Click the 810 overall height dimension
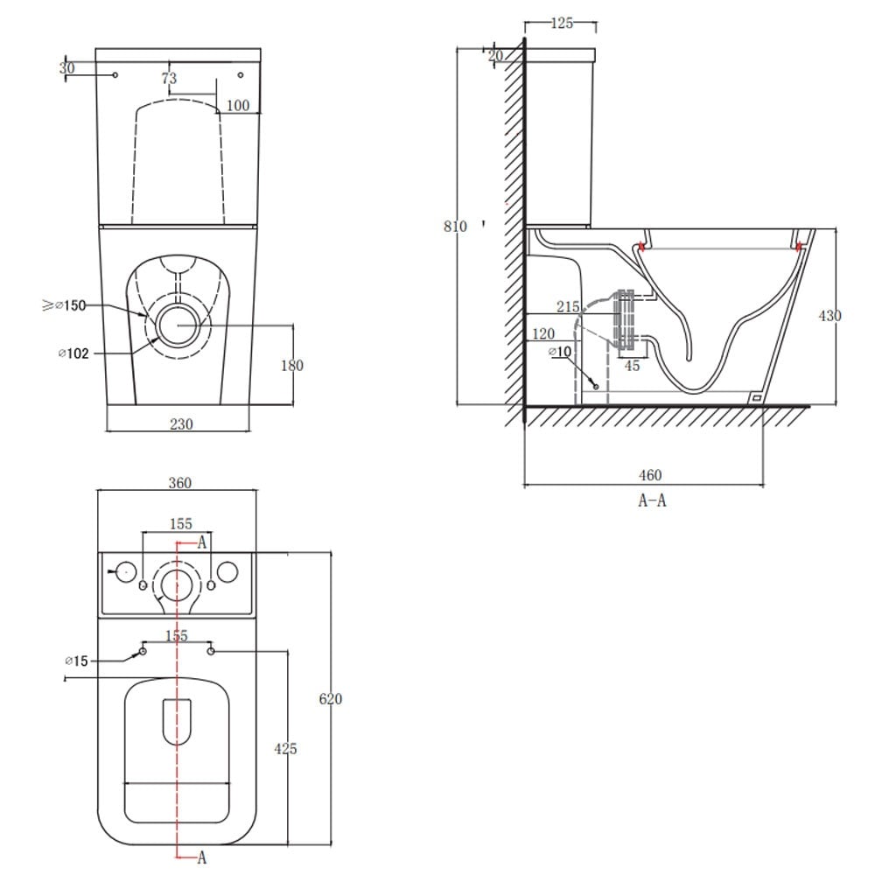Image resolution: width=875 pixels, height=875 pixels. pos(455,226)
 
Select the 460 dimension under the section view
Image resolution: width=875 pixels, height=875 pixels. pos(649,475)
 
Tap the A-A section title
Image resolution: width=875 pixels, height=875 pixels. pos(652,500)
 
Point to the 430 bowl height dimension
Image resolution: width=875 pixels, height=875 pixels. pos(829,315)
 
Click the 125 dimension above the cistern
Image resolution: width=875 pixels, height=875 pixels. pos(562,24)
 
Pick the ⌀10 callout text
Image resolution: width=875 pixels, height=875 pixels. pos(559,352)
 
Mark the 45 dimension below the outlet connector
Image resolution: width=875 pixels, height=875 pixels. pos(632,366)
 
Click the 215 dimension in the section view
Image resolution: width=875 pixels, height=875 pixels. pos(568,306)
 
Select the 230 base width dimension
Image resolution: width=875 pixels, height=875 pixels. pos(180,423)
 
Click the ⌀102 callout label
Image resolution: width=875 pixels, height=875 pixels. pos(72,353)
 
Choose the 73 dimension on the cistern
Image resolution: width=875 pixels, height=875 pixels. pos(169,79)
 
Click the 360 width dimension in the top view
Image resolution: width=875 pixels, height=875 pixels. pos(179,483)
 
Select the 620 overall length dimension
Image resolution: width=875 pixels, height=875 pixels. pos(331,699)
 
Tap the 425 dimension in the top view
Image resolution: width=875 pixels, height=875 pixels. pos(285,748)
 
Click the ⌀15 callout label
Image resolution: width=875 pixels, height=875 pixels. pos(77,661)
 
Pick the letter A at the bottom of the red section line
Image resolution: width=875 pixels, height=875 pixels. pos(201,857)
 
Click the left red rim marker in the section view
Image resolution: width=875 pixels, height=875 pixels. pos(642,247)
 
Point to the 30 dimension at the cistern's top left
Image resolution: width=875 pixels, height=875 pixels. pos(67,67)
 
